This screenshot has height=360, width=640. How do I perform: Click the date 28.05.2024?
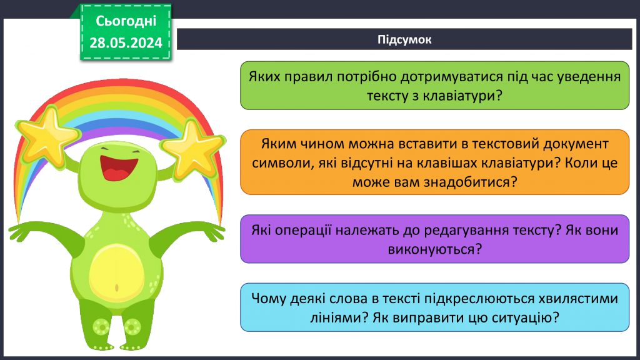[x=126, y=42]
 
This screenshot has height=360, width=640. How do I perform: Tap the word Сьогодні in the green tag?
[x=126, y=21]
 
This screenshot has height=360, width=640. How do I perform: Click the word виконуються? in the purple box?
[x=434, y=249]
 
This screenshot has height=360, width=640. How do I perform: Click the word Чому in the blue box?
[x=267, y=298]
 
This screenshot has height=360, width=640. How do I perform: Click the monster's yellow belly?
[x=116, y=275]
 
